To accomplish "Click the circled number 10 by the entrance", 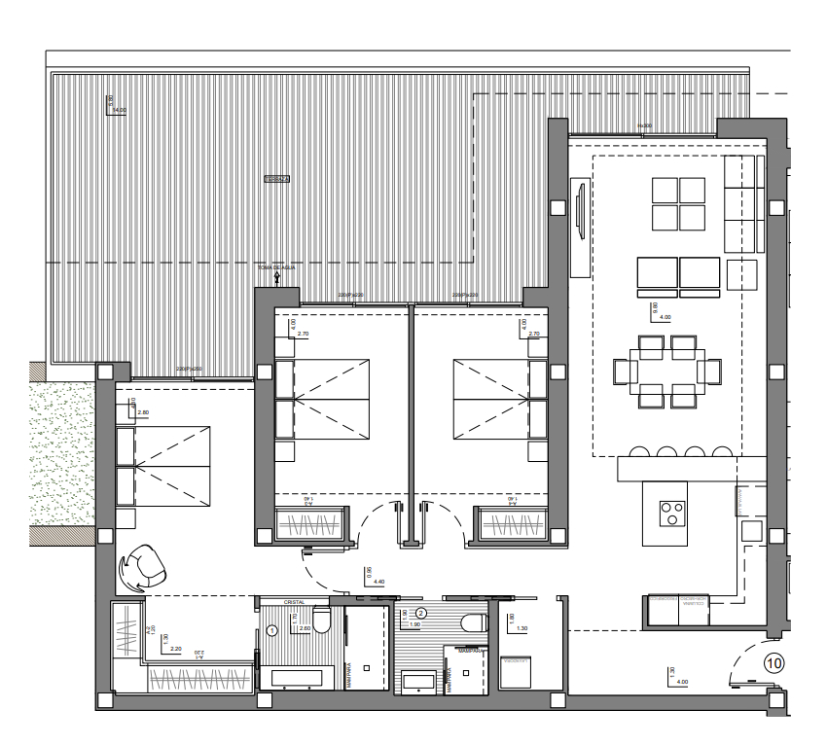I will point(773,664).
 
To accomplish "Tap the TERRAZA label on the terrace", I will point(279,179).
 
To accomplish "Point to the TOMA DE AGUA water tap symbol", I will point(277,276).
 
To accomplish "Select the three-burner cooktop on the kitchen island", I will point(671,512).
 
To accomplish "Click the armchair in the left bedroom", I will point(141,566).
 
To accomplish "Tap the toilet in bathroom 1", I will point(322,621).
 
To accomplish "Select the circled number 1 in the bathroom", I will point(272,630).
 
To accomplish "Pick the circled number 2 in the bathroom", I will point(421,613).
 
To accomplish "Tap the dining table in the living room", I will point(666,372).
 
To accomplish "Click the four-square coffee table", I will point(678,202).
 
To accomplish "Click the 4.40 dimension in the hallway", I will point(379,582).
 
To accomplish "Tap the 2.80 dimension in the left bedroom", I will point(144,413).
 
